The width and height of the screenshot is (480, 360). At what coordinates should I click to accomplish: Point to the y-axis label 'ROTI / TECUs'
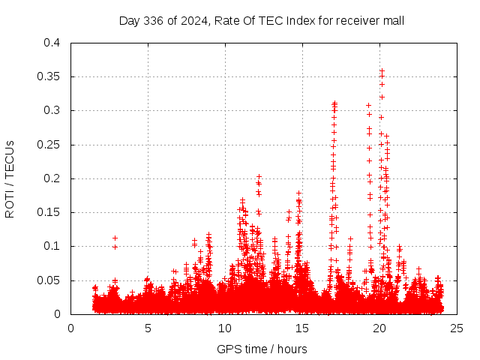(10, 178)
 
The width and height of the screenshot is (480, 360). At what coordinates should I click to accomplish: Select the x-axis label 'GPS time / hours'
(262, 349)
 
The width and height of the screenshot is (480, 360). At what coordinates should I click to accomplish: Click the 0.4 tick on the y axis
(52, 43)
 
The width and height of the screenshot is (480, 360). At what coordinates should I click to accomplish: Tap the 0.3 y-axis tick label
(52, 110)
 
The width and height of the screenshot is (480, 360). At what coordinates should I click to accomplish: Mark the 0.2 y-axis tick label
(52, 178)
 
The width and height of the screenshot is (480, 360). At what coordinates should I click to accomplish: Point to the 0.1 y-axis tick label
(52, 246)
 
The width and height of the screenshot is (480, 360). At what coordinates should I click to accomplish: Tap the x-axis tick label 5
(148, 328)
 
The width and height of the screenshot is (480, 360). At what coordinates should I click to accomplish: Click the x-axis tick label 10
(225, 328)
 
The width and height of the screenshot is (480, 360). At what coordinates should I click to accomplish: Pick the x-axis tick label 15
(302, 328)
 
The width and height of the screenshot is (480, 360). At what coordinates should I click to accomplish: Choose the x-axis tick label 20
(379, 328)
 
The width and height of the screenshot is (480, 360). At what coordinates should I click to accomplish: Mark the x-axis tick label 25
(456, 328)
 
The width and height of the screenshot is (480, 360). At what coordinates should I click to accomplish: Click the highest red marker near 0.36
(382, 70)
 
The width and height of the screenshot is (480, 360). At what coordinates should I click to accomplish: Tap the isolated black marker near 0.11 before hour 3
(115, 238)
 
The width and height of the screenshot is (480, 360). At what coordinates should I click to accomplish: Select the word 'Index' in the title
(278, 20)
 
